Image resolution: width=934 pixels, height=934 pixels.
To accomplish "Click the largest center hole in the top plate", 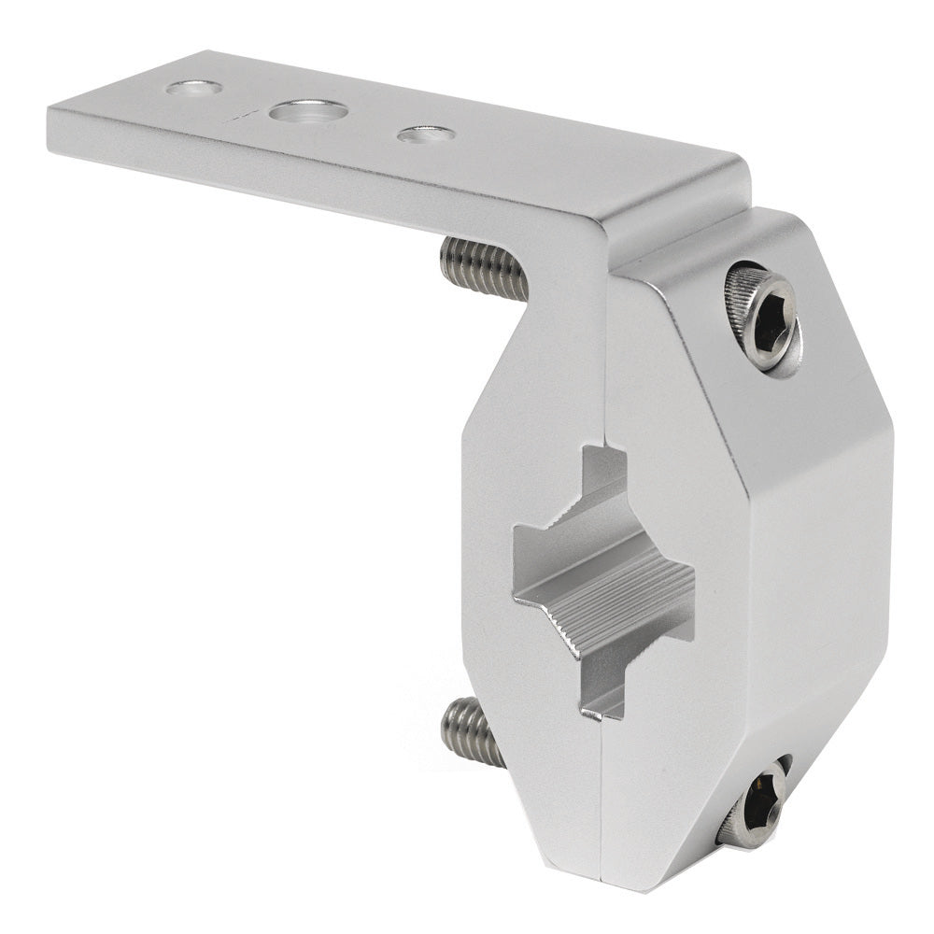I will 307,112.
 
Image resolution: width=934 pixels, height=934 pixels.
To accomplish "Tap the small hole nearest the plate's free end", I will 193,88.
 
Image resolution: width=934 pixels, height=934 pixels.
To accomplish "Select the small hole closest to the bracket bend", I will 426,134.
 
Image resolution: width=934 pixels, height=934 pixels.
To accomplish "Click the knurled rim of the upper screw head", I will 743,299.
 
